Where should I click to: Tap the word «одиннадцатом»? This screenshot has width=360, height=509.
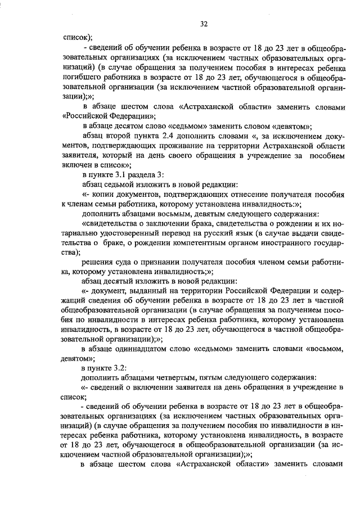click(x=155, y=349)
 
